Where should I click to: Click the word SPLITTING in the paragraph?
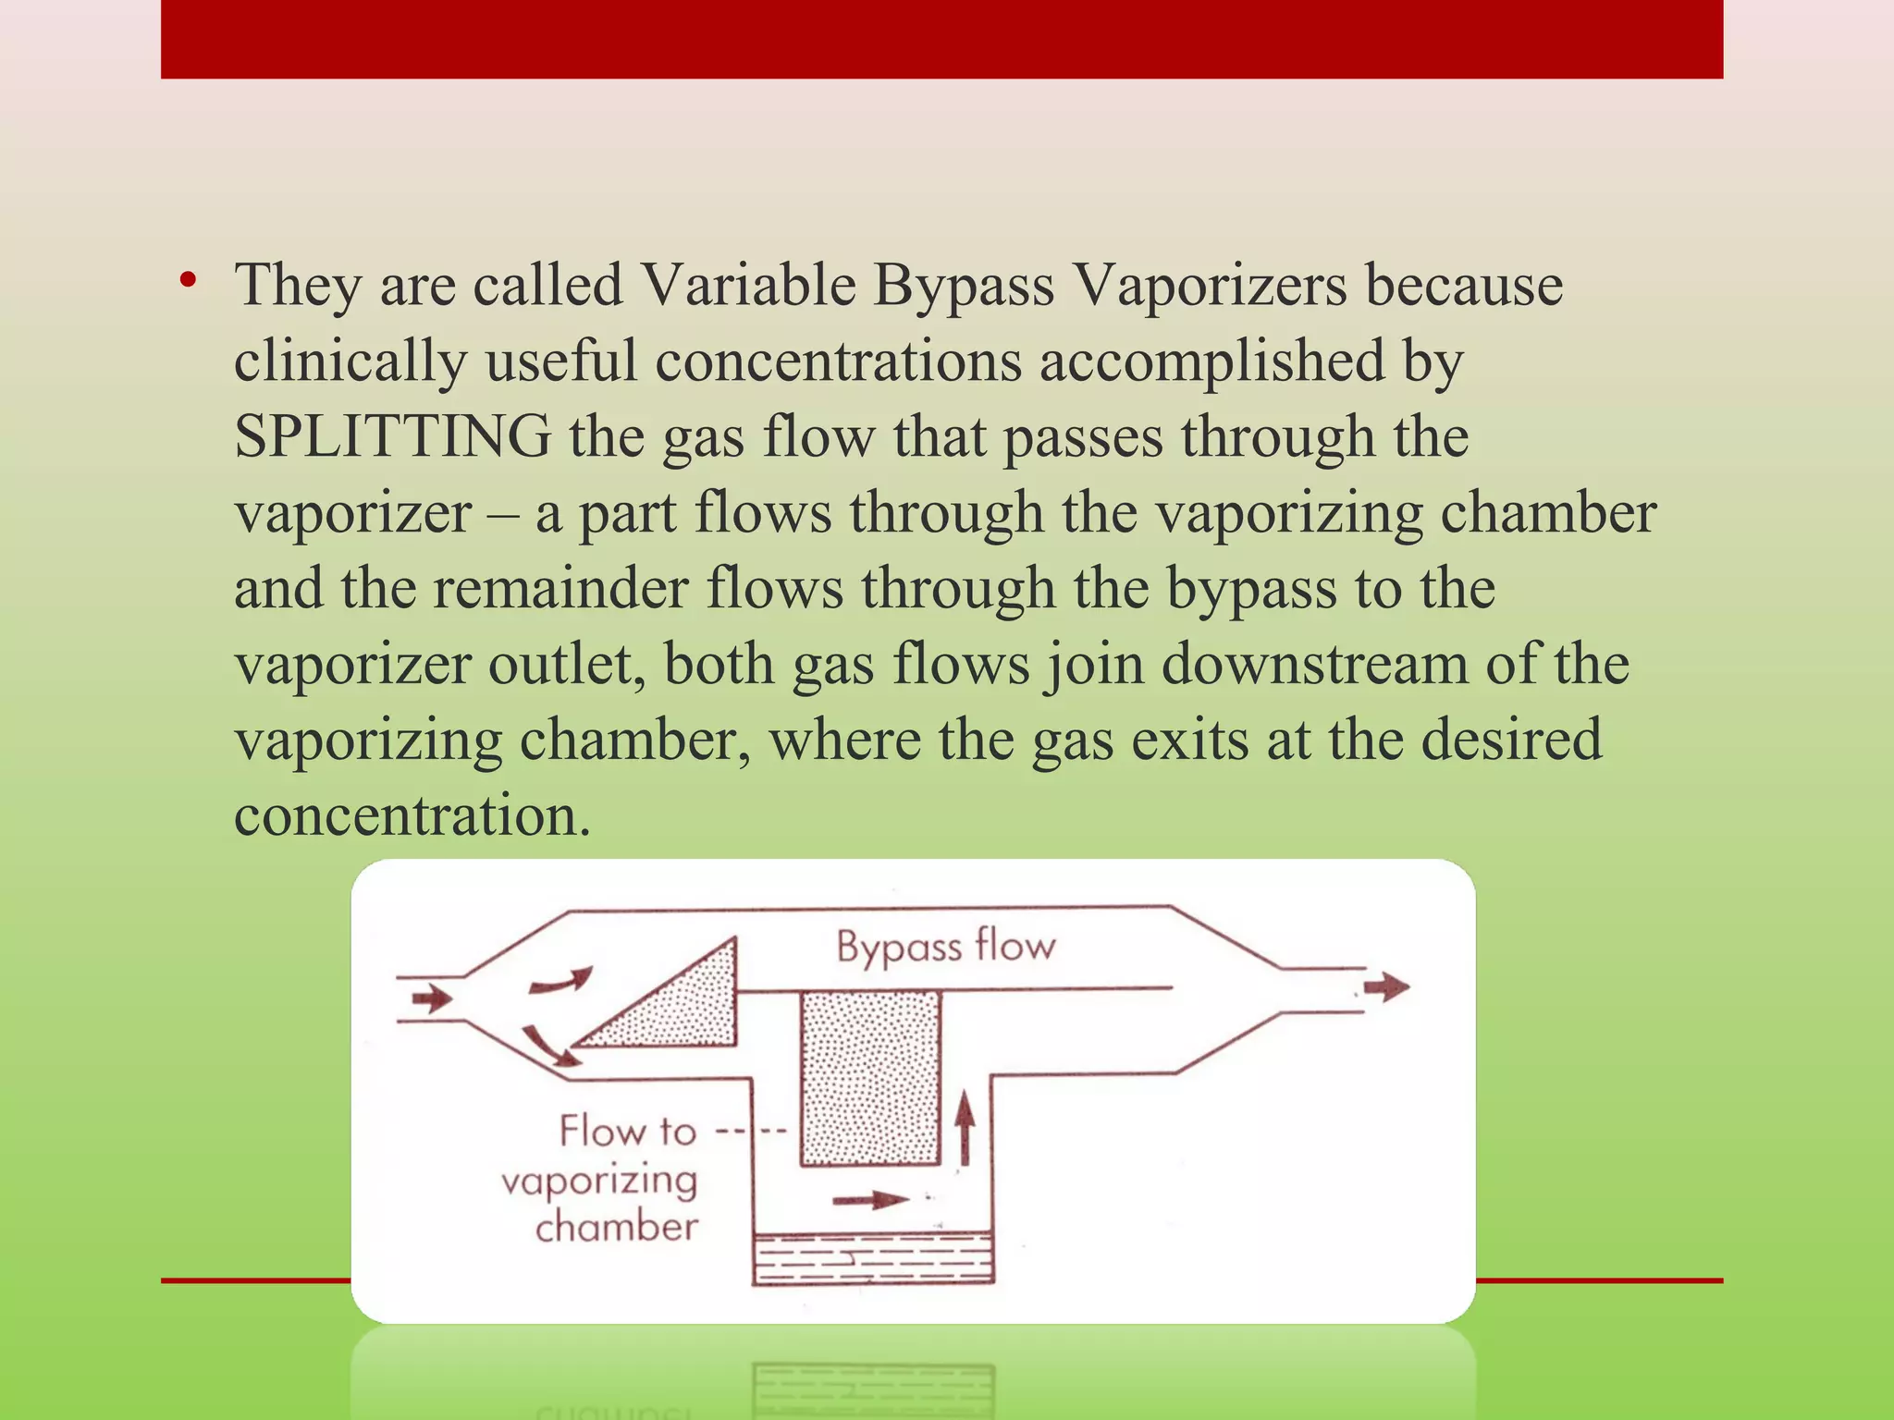click(x=392, y=436)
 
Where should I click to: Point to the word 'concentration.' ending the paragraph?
click(x=412, y=815)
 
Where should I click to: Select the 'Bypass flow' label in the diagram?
click(x=945, y=947)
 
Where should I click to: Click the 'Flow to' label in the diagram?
click(x=627, y=1131)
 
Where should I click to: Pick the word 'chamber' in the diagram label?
click(x=616, y=1228)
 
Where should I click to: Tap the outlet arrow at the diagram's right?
click(x=1386, y=986)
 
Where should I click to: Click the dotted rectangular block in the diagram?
click(x=870, y=1077)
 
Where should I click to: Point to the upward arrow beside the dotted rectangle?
click(x=965, y=1127)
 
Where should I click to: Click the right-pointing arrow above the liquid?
click(x=870, y=1200)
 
